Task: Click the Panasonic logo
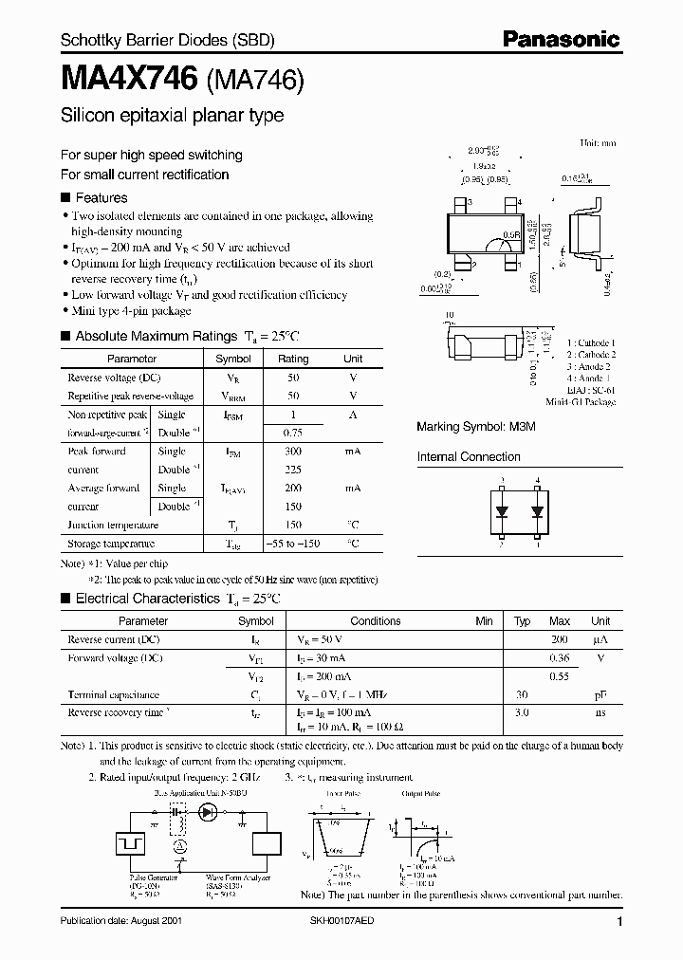[561, 39]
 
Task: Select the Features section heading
[101, 198]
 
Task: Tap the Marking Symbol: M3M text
[476, 428]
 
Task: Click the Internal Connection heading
[470, 457]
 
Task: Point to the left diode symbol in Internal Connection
[501, 512]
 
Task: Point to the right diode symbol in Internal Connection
[537, 512]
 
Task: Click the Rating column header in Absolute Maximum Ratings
[292, 360]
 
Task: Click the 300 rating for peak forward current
[292, 452]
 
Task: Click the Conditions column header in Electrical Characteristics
[376, 621]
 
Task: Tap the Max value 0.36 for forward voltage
[560, 657]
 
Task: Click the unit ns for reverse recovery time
[600, 712]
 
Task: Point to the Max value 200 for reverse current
[560, 639]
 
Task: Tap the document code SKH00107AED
[360, 921]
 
